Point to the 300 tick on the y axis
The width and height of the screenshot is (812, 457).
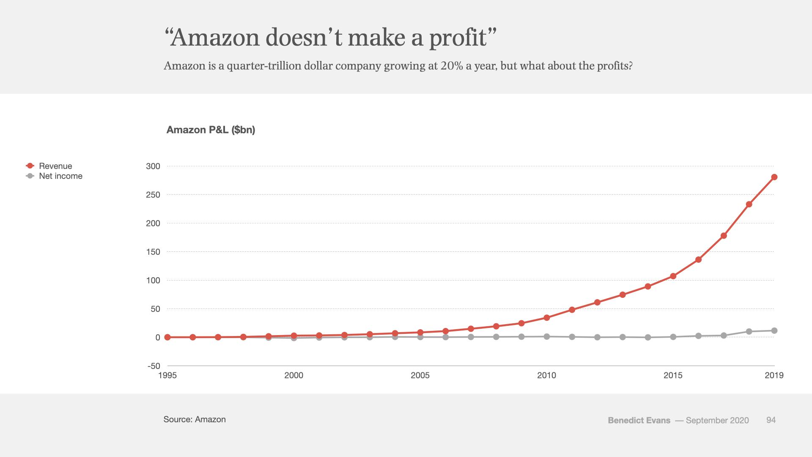click(153, 166)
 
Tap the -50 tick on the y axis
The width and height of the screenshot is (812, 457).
click(154, 366)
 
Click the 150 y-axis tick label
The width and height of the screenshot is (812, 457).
click(153, 252)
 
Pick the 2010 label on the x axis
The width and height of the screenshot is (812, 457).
click(546, 375)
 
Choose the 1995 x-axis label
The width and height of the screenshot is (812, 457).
click(167, 375)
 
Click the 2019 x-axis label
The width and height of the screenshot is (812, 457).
click(774, 375)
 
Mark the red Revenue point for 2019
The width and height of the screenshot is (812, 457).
click(774, 177)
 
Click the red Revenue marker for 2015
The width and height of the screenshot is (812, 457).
click(673, 276)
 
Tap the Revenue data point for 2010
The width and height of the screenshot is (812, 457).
click(547, 318)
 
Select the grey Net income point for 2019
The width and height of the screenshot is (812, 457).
click(774, 330)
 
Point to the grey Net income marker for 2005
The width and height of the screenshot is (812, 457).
click(420, 337)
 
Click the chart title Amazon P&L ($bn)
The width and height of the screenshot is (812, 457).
click(211, 130)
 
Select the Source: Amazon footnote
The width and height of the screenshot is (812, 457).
click(195, 419)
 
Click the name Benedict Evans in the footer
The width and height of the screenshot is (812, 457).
click(639, 420)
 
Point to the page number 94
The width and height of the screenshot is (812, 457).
click(771, 420)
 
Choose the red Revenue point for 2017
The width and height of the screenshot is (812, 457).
click(724, 236)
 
